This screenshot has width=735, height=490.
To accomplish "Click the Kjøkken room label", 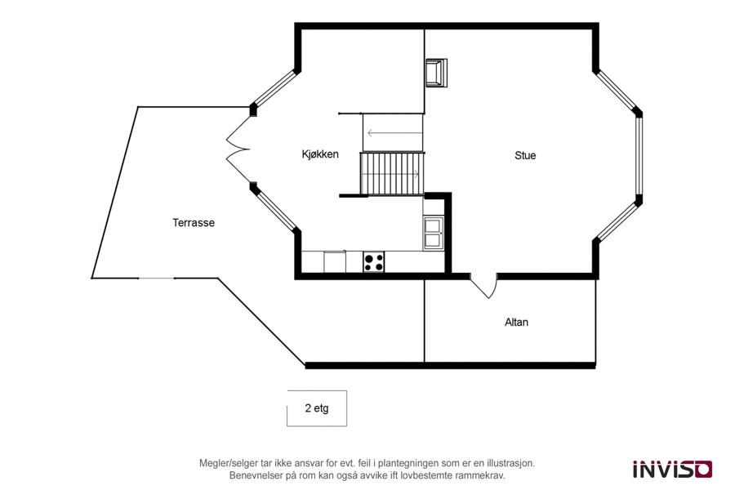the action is [x=320, y=154].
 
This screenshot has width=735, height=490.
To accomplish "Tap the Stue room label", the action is [x=525, y=155].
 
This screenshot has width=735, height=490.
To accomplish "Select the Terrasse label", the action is [x=194, y=223].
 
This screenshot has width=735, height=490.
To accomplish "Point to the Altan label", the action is [x=516, y=322].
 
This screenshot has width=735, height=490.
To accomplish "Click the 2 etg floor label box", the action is [x=317, y=408].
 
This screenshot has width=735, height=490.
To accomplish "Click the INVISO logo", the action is [x=673, y=469].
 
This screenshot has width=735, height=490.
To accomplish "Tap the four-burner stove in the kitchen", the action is [x=373, y=261].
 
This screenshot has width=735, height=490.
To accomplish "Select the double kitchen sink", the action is [x=433, y=233].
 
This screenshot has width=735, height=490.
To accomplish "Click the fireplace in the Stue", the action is [x=436, y=73].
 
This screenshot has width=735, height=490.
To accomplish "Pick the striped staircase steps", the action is [x=392, y=173].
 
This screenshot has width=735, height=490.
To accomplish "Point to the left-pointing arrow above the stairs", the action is [x=395, y=133].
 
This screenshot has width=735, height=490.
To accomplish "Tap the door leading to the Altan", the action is [x=483, y=286].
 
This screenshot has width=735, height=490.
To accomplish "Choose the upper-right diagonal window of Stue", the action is [x=618, y=91].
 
